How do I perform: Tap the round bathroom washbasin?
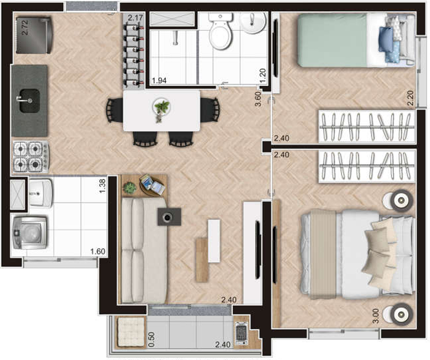click(x=252, y=22)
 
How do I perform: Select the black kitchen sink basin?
click(x=30, y=100)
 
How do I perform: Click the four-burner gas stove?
click(x=31, y=157)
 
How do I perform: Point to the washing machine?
click(x=30, y=233)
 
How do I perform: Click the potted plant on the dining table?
click(x=161, y=109)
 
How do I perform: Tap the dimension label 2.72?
click(x=25, y=27)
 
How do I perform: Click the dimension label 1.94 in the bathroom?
click(x=159, y=80)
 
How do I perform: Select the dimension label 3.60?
click(x=258, y=99)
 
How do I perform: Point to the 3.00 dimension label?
click(x=376, y=316)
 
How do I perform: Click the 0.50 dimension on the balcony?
click(x=151, y=340)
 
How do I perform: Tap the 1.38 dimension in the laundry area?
click(x=102, y=186)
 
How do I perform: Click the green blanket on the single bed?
click(x=333, y=40)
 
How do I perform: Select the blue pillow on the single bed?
click(x=386, y=39)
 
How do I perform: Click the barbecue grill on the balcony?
click(x=242, y=333)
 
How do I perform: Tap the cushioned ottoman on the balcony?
click(x=131, y=332)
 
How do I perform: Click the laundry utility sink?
click(x=41, y=193)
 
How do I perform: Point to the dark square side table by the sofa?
click(x=169, y=217)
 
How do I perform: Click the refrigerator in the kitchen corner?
click(x=34, y=35)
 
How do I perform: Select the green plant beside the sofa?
click(x=130, y=188)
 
